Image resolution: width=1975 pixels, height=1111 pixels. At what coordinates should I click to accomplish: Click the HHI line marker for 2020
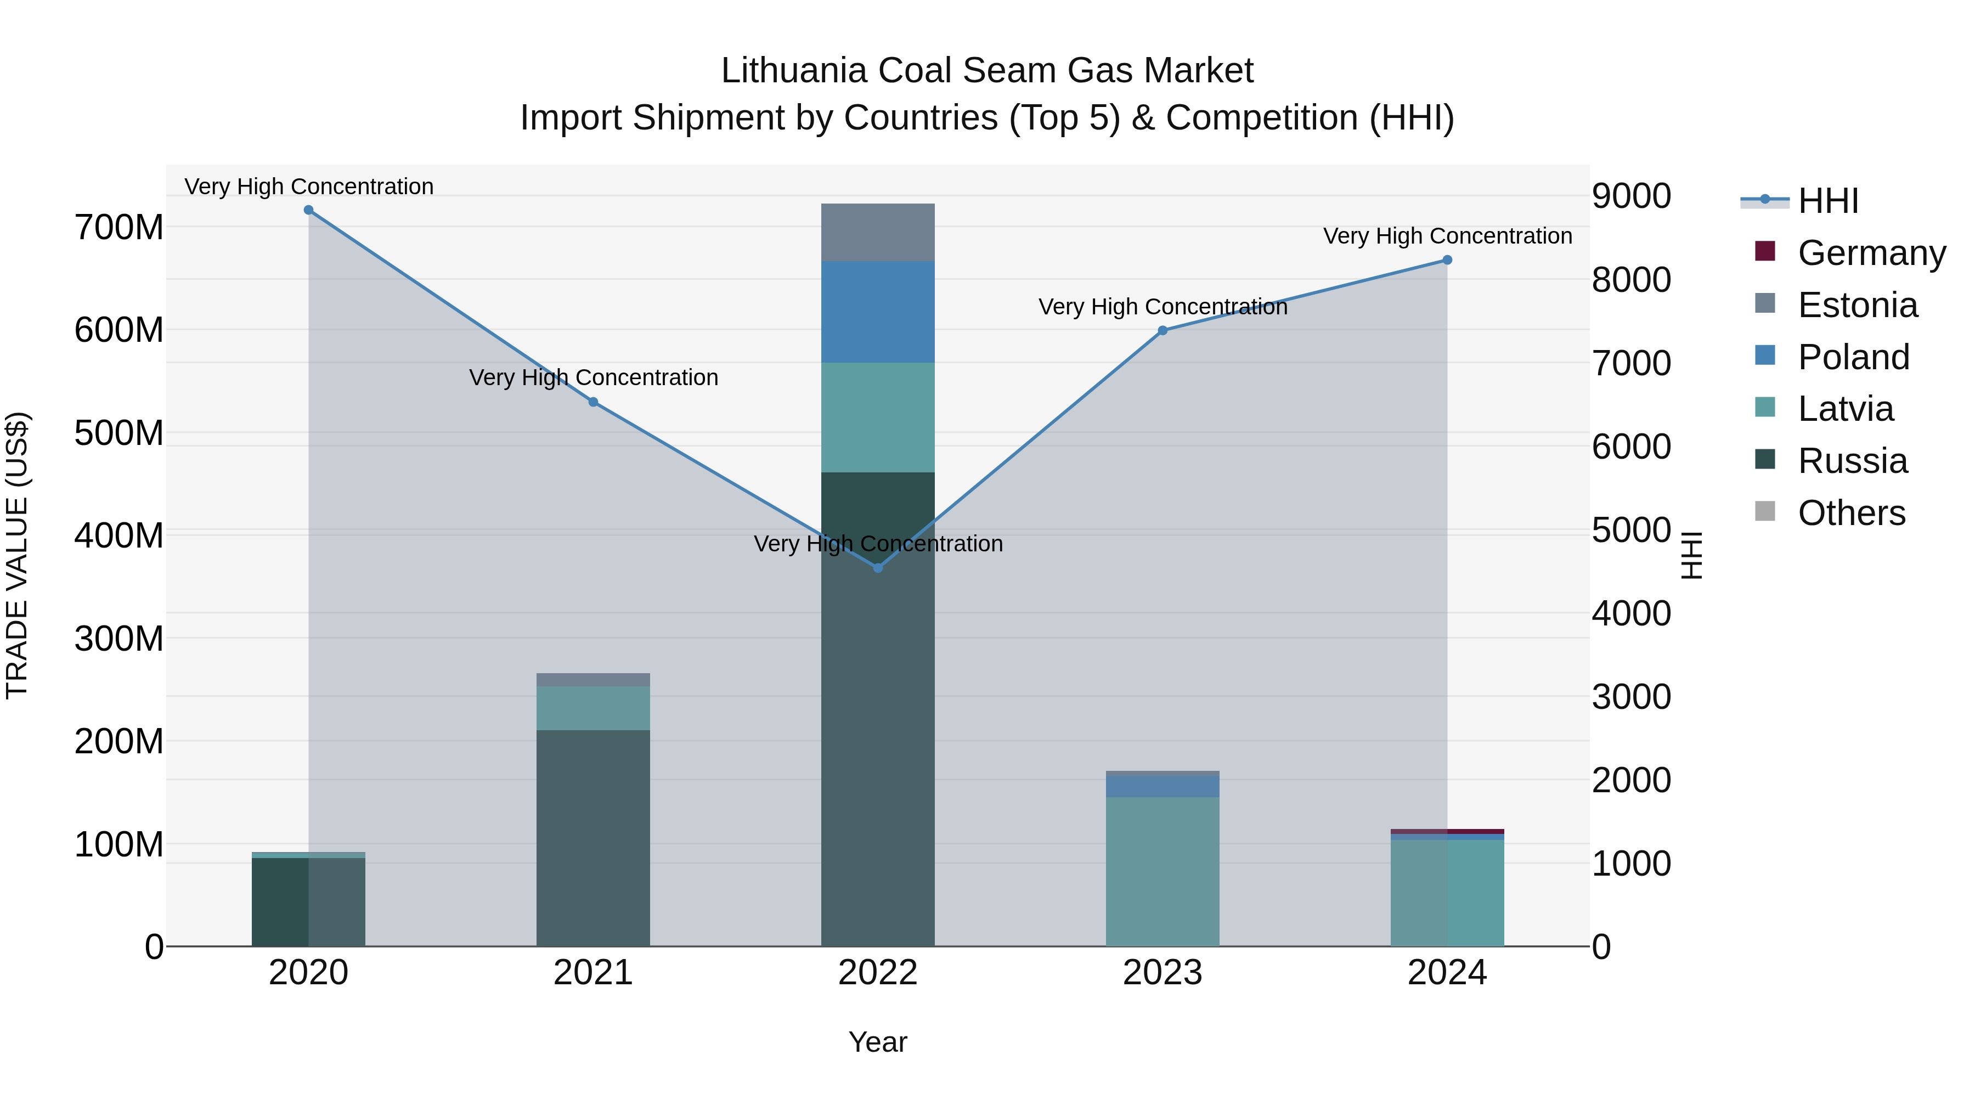coord(308,210)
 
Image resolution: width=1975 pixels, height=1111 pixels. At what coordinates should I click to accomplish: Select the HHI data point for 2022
coord(878,568)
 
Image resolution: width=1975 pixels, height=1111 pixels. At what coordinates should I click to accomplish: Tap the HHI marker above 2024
coord(1447,260)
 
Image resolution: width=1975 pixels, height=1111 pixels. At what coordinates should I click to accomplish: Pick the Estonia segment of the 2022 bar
coord(878,232)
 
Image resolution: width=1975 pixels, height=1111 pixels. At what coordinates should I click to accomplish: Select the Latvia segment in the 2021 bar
coord(592,708)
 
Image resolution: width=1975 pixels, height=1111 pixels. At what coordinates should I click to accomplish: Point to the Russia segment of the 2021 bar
coord(592,837)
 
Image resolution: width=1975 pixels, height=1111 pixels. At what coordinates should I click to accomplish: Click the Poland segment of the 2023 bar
coord(1163,786)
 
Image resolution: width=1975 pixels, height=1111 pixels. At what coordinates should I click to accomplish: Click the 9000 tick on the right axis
coord(1631,196)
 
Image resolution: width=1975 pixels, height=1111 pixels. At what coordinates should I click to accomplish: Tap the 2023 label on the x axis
coord(1163,973)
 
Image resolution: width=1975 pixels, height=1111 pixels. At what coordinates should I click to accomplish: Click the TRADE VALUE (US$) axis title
coord(17,555)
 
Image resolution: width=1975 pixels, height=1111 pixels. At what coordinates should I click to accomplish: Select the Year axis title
coord(878,1042)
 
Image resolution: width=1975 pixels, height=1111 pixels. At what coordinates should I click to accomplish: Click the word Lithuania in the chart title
coord(794,71)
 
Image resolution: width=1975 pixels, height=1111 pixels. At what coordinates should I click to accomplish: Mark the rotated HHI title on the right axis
coord(1691,555)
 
